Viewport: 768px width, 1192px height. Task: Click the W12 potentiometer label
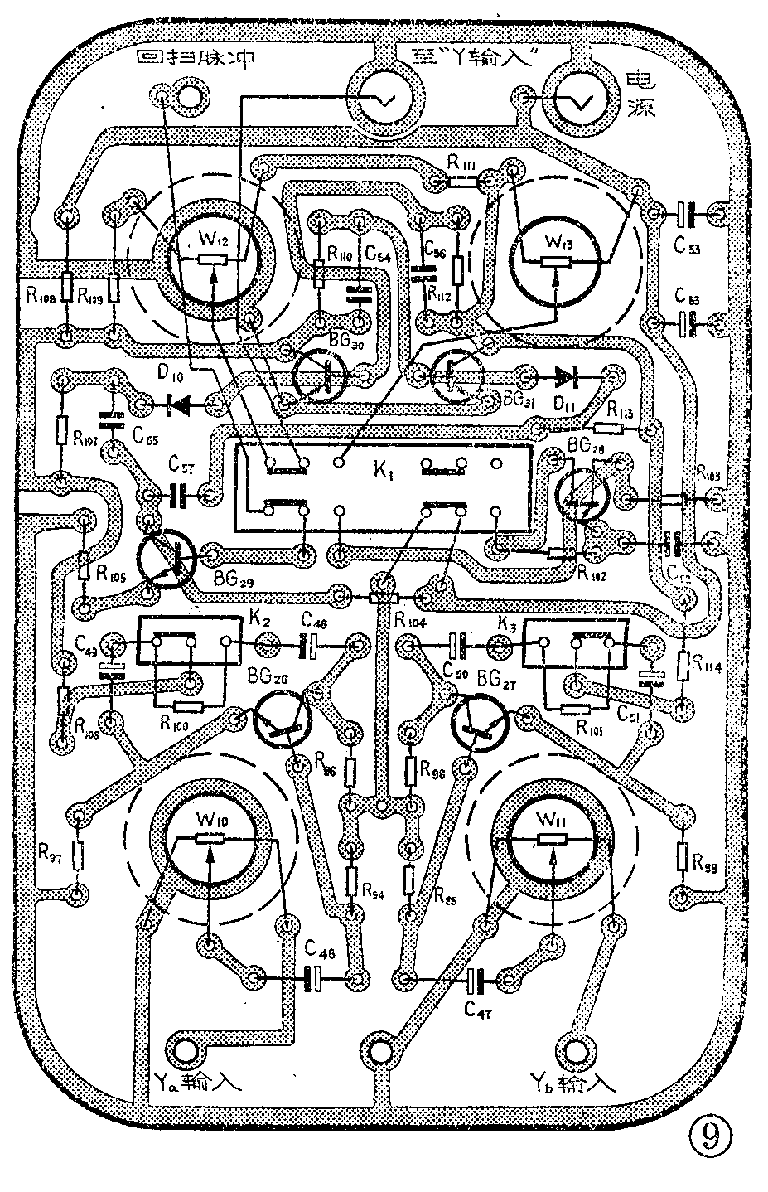213,240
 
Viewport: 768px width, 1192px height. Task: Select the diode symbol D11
568,377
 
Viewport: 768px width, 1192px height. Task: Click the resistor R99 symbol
683,856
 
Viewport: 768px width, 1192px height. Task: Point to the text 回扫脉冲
195,58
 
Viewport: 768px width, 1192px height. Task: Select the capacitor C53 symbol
685,214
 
